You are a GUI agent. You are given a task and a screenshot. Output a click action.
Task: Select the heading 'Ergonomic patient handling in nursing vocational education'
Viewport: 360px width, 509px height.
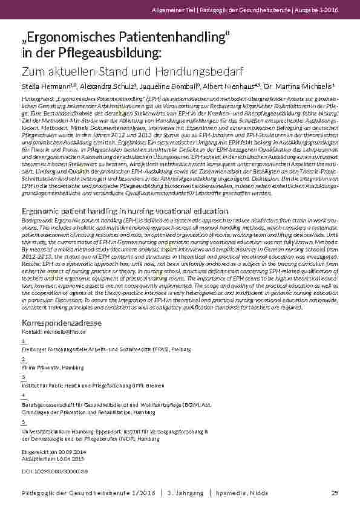(x=125, y=211)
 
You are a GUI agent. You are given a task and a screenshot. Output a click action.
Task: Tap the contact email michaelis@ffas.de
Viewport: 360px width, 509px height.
(x=68, y=332)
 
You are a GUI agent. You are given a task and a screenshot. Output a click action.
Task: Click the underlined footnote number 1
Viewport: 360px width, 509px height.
(x=22, y=342)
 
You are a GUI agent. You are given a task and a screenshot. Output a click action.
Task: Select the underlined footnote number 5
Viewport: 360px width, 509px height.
(x=22, y=421)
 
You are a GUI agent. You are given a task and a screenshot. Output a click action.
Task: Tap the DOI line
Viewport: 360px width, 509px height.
(x=55, y=470)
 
